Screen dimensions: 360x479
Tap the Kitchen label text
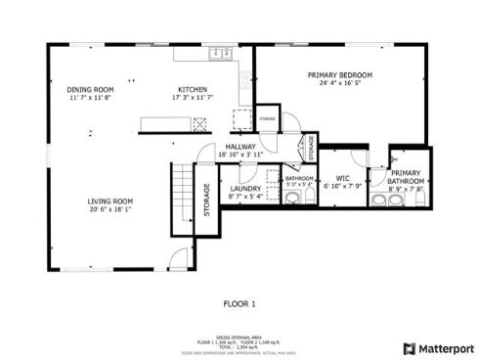[x=192, y=89]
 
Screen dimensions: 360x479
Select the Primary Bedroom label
[x=340, y=75]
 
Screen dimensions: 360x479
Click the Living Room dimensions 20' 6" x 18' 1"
[x=110, y=209]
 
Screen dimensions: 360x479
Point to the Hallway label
[x=240, y=146]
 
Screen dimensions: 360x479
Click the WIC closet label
[x=342, y=178]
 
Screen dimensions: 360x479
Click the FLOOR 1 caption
[x=239, y=304]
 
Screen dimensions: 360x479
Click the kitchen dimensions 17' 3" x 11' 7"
[x=192, y=98]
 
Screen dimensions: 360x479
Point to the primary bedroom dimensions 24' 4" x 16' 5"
[x=340, y=84]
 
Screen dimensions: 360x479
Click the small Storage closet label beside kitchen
[x=267, y=118]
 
